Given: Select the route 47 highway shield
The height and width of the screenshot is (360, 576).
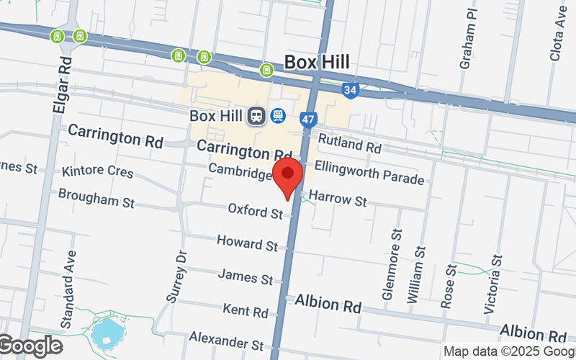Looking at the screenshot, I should point(308,119).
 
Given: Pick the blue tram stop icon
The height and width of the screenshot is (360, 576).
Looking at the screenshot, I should point(278,116).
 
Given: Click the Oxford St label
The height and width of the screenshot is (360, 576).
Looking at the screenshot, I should point(256,211).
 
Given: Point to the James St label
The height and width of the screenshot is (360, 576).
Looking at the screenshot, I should point(246,276).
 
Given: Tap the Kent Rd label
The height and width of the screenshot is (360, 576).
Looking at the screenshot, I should point(246,310).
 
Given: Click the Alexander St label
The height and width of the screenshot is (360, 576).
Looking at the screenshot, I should point(226,338).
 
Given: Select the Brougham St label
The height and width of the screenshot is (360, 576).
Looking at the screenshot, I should point(96,198).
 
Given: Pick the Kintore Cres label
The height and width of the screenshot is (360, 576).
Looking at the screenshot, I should point(98,172).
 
